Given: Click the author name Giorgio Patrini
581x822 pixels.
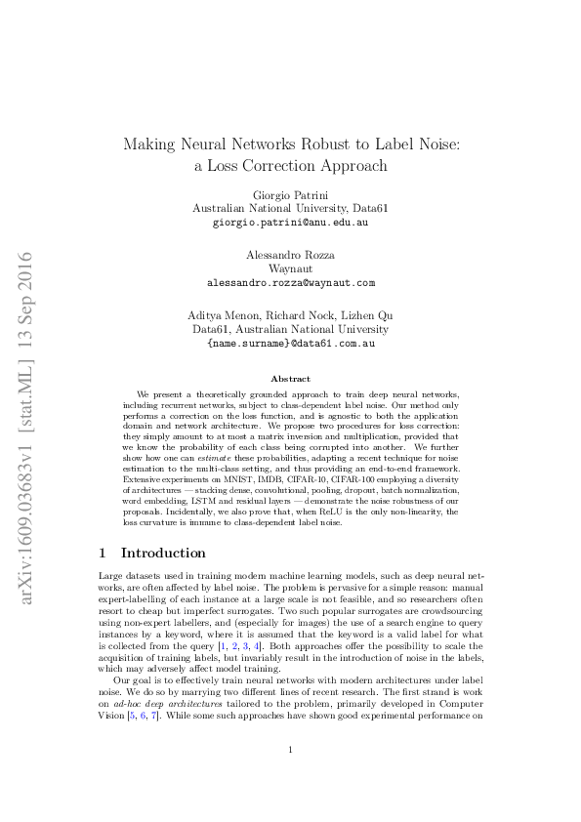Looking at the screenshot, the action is pyautogui.click(x=290, y=194).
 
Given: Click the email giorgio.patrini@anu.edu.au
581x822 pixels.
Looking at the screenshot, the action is pyautogui.click(x=290, y=223).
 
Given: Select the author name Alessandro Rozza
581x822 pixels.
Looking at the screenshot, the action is pyautogui.click(x=290, y=255).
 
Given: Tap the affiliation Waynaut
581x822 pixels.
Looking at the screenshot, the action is pyautogui.click(x=290, y=268).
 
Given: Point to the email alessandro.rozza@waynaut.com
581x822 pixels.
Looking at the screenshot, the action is pyautogui.click(x=290, y=283).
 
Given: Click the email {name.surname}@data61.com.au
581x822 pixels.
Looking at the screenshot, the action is pyautogui.click(x=290, y=344).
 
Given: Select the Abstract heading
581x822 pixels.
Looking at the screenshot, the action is pyautogui.click(x=290, y=379).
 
